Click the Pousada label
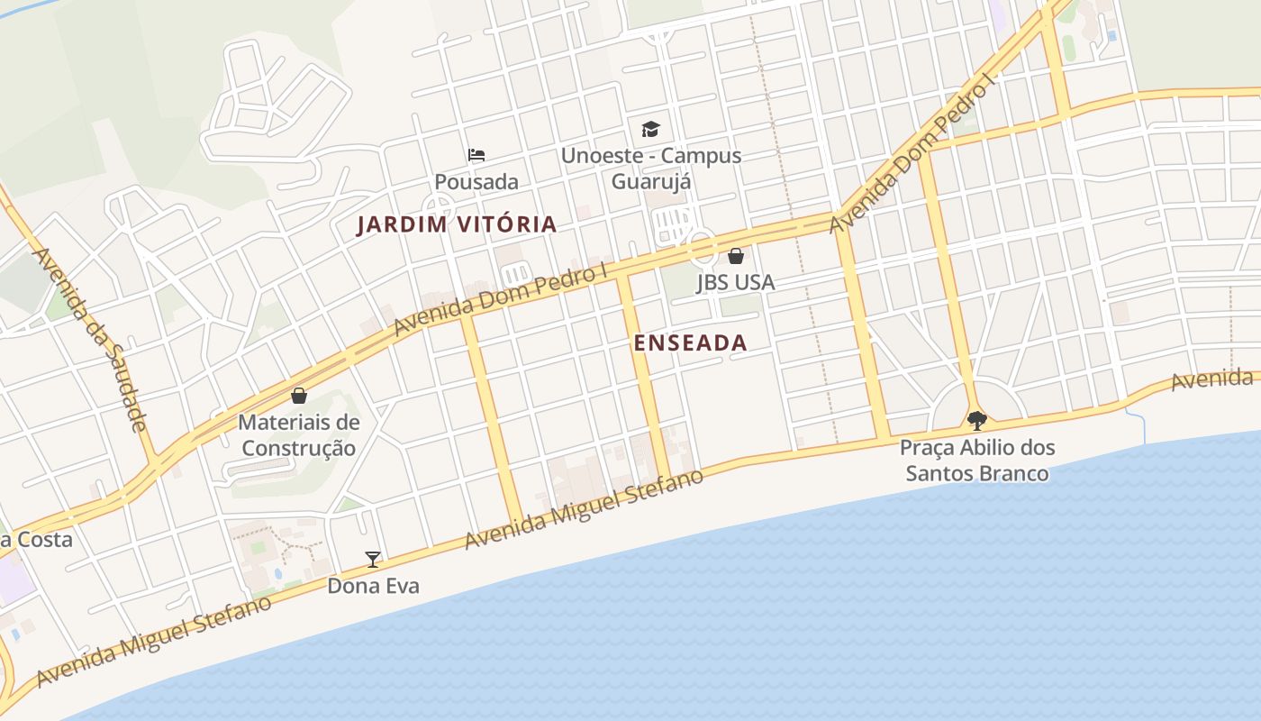[476, 182]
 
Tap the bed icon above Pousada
[476, 156]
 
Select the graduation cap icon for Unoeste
[650, 129]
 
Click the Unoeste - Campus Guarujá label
[651, 169]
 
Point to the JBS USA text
[735, 282]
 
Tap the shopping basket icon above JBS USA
[736, 256]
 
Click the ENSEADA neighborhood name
[690, 342]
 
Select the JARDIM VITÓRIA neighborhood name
[457, 224]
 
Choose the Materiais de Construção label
[298, 435]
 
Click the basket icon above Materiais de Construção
[298, 396]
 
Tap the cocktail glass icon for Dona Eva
[373, 560]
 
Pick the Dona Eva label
[373, 586]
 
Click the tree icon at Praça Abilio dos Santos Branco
[976, 421]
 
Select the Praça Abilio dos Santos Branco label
[977, 461]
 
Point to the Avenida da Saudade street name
[89, 338]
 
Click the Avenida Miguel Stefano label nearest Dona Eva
[153, 641]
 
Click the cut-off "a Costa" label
[36, 540]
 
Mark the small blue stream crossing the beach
[1136, 425]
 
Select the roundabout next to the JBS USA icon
[701, 246]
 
